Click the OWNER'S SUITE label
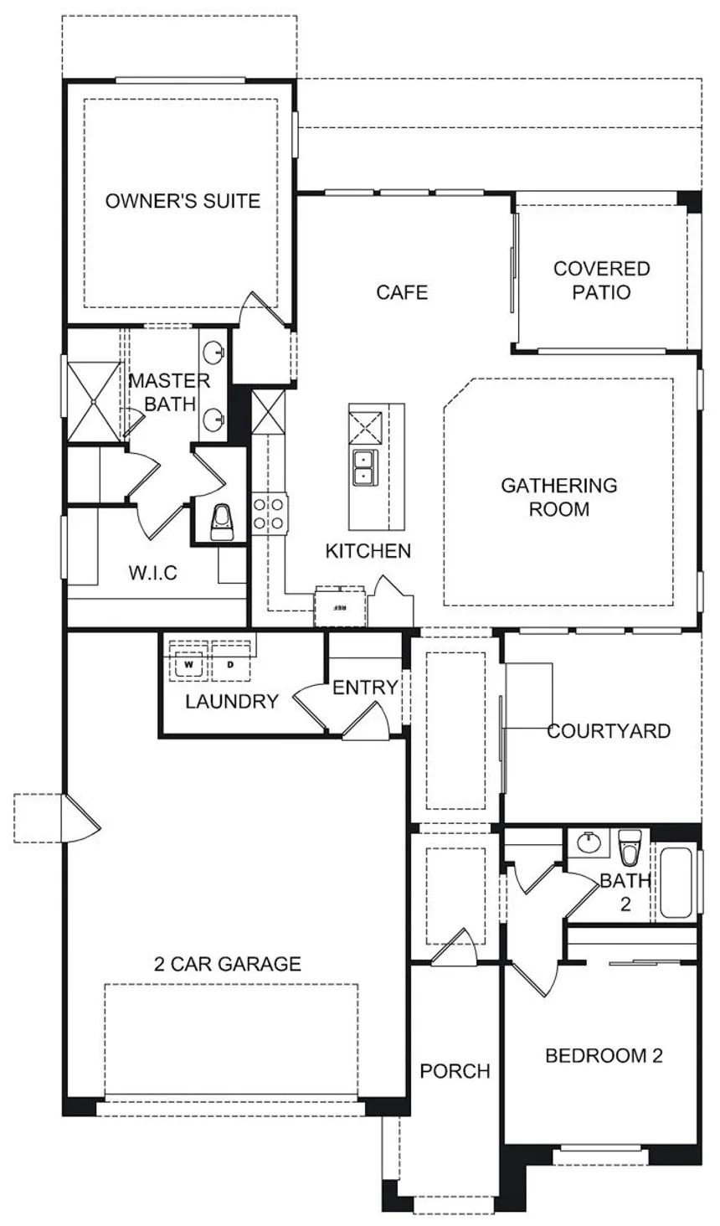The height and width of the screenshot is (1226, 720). click(183, 201)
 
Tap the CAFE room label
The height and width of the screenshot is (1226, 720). click(402, 292)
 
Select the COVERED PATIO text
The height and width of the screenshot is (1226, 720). click(602, 281)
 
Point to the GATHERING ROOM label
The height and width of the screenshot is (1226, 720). click(558, 497)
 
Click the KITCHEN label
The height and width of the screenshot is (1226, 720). click(368, 551)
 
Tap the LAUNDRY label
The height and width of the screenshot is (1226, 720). click(232, 702)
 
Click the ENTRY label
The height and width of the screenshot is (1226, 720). click(365, 688)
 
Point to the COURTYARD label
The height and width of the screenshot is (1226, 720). click(609, 731)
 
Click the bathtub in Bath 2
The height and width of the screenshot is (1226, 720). click(676, 883)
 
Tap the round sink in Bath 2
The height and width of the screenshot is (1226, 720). click(589, 840)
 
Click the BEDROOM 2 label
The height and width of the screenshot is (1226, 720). click(604, 1056)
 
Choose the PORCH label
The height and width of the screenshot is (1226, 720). click(455, 1071)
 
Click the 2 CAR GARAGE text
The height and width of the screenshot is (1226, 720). click(228, 964)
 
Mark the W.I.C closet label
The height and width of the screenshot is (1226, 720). click(152, 574)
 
